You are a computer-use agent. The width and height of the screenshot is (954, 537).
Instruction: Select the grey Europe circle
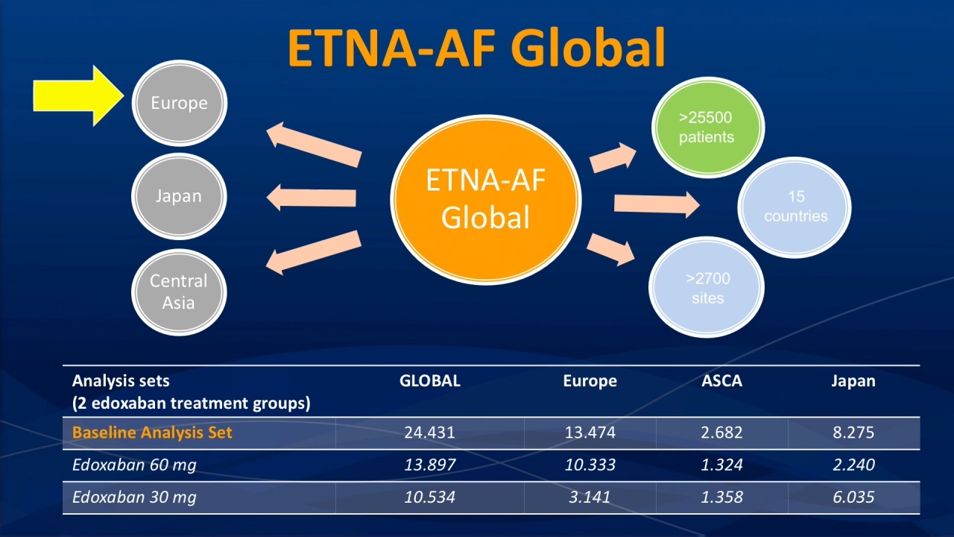tap(180, 103)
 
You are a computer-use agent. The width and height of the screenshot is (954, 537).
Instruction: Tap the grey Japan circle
tap(179, 196)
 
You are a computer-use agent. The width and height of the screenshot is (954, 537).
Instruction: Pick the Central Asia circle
tap(179, 292)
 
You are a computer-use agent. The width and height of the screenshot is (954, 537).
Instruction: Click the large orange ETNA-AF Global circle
tap(486, 199)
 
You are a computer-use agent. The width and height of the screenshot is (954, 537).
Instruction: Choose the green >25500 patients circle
tap(708, 128)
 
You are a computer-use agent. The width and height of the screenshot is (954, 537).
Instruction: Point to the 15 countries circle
tap(795, 207)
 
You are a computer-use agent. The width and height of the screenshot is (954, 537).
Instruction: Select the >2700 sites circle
tap(707, 287)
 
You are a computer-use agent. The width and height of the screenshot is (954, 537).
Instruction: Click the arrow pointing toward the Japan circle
tap(312, 198)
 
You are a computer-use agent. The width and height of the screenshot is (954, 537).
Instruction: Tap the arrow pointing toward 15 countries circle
tap(657, 204)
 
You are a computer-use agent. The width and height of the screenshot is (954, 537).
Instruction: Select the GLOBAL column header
tap(430, 380)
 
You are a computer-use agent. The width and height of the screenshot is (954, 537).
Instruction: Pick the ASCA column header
tap(722, 380)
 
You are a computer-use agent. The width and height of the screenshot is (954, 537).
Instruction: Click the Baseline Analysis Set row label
tap(152, 433)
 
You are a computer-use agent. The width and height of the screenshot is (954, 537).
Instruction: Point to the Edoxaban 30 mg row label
tap(134, 497)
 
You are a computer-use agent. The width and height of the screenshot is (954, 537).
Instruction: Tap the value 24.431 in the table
tap(430, 433)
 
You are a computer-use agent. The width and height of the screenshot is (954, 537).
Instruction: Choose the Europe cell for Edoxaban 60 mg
tap(590, 465)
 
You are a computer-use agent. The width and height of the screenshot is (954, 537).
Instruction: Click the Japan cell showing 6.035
tap(853, 497)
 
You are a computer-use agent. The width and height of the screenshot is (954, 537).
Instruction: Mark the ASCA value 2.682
tap(722, 433)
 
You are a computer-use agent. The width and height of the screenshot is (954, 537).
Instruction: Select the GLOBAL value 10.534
tap(430, 497)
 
